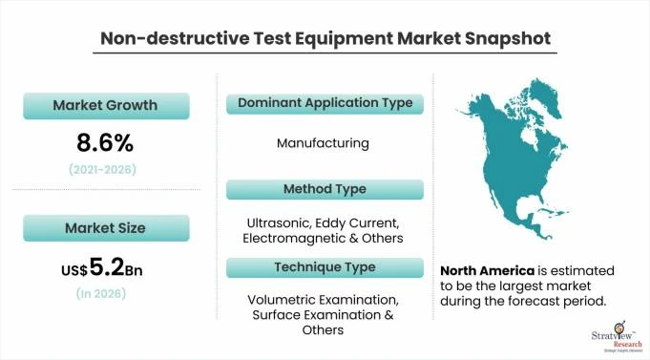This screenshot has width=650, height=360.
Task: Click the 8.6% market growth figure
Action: pos(105,143)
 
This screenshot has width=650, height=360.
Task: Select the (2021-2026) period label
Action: pos(105,169)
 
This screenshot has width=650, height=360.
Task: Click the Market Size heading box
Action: pos(106,228)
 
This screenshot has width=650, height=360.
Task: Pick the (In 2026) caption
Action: pos(105,294)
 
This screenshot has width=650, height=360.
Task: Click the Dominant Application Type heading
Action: pos(325,102)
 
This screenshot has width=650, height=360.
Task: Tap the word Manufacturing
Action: pos(325,143)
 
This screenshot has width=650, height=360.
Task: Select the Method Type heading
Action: pos(325,189)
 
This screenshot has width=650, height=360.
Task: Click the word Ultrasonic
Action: pos(273,222)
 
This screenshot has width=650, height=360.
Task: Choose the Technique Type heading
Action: pos(325,266)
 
